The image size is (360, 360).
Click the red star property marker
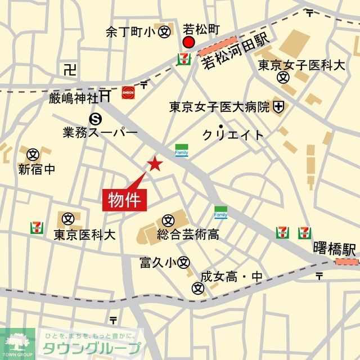pyautogui.click(x=155, y=164)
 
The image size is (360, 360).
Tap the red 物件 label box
pyautogui.click(x=125, y=200)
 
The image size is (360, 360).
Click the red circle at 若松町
pyautogui.click(x=188, y=43)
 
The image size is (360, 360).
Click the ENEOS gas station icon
pyautogui.click(x=128, y=93)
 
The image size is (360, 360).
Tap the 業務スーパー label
pyautogui.click(x=101, y=133)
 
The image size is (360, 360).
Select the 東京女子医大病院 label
pyautogui.click(x=220, y=106)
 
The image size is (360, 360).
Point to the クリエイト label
pyautogui.click(x=233, y=135)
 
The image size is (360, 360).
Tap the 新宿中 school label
pyautogui.click(x=37, y=169)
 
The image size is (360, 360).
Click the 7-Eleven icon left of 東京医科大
pyautogui.click(x=37, y=227)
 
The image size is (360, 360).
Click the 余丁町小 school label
pyautogui.click(x=130, y=33)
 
